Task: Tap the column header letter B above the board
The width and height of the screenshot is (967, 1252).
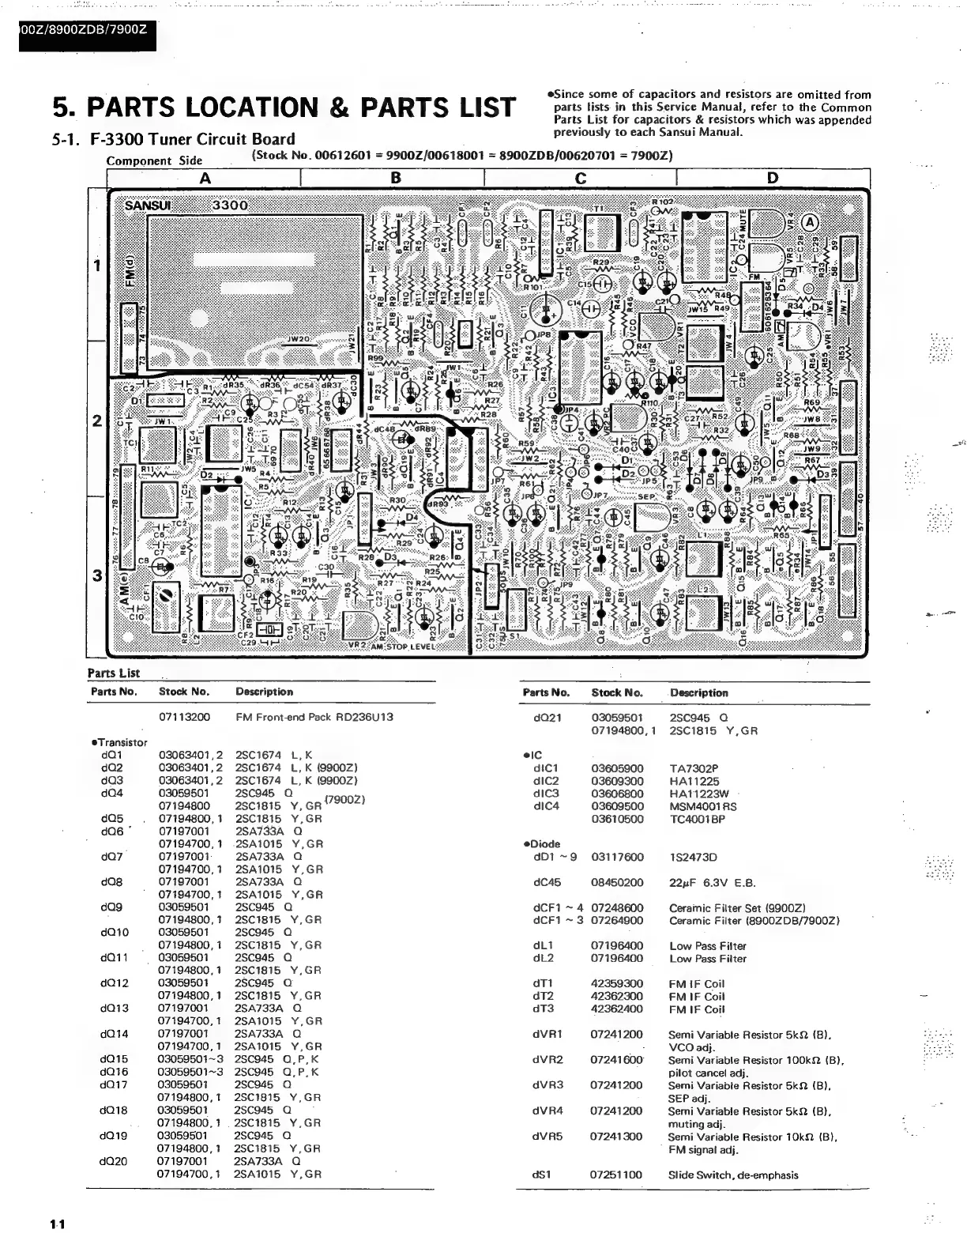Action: point(396,179)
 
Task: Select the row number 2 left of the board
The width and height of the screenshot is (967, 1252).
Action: point(97,420)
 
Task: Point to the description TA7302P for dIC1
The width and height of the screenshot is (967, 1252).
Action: point(694,768)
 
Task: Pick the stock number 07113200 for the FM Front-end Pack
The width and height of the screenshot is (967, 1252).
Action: point(184,718)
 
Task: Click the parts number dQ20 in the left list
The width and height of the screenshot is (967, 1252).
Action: point(113,1161)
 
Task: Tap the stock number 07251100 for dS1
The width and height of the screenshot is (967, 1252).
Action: point(616,1175)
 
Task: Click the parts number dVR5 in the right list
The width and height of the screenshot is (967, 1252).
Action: point(547,1137)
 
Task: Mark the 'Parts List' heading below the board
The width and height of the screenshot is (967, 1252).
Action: point(113,673)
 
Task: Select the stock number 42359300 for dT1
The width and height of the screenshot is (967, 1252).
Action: point(616,984)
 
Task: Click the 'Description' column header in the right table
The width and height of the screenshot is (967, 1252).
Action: point(698,693)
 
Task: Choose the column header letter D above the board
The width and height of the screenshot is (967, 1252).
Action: point(772,179)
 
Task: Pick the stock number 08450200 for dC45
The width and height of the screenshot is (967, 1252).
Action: point(617,882)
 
